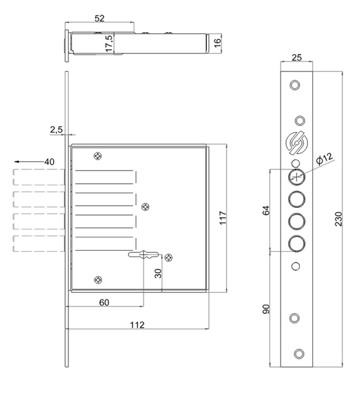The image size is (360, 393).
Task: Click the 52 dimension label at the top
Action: pyautogui.click(x=99, y=18)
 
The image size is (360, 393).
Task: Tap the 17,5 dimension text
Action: pyautogui.click(x=109, y=44)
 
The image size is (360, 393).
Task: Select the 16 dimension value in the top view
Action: pyautogui.click(x=218, y=42)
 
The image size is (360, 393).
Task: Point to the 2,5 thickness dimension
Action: pyautogui.click(x=56, y=130)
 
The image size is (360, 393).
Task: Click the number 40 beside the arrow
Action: pyautogui.click(x=49, y=162)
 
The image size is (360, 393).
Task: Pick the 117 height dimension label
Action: pyautogui.click(x=223, y=218)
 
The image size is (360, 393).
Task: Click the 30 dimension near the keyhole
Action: pyautogui.click(x=158, y=273)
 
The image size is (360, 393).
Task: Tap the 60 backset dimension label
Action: pyautogui.click(x=104, y=303)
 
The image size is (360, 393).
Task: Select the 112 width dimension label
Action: pyautogui.click(x=137, y=325)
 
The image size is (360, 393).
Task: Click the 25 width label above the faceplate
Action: pyautogui.click(x=296, y=58)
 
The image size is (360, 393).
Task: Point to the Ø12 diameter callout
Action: pyautogui.click(x=324, y=159)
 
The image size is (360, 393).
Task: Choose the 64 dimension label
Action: pyautogui.click(x=266, y=210)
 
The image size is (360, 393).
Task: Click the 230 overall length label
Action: pyautogui.click(x=338, y=219)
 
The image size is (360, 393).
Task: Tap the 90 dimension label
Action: pyautogui.click(x=266, y=309)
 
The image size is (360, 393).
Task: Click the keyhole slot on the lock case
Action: pyautogui.click(x=143, y=255)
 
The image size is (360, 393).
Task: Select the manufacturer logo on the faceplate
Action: pyautogui.click(x=296, y=143)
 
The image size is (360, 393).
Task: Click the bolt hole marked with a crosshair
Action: pyautogui.click(x=296, y=177)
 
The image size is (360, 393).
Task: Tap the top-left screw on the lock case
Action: pyautogui.click(x=97, y=156)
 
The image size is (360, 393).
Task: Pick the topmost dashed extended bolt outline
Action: pyautogui.click(x=39, y=177)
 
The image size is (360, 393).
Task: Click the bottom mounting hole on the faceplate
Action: pyautogui.click(x=299, y=354)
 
